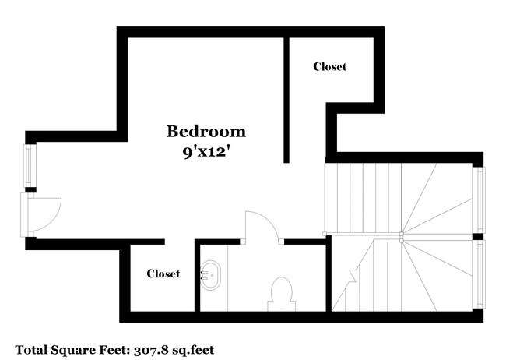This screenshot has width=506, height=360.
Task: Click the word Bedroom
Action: point(206,131)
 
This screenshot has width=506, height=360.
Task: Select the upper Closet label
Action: point(329,67)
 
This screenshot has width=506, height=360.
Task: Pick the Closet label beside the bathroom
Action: point(163,274)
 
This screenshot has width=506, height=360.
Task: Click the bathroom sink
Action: point(210,274)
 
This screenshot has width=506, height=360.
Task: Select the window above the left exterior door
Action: point(29,165)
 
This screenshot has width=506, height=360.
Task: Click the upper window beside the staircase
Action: point(480,199)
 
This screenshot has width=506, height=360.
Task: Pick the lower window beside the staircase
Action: point(480,274)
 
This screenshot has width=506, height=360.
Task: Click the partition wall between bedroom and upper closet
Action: point(286,97)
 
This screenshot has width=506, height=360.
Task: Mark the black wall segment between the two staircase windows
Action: point(480,236)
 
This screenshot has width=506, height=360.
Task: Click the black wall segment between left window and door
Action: point(30,189)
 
